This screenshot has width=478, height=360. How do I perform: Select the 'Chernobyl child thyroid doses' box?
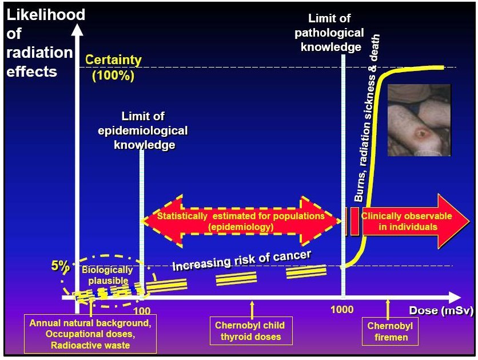pos(249,331)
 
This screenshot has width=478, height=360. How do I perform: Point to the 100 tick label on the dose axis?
pos(142,311)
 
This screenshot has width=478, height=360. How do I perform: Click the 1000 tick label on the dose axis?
pos(342,311)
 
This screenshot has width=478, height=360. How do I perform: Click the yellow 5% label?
pos(60,266)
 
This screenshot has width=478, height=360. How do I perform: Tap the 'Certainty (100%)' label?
pos(113,68)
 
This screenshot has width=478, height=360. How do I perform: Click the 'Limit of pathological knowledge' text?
pos(332,33)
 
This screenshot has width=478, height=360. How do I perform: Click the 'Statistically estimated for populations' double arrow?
pos(241,221)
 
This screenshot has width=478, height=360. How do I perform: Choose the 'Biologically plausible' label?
pos(107,275)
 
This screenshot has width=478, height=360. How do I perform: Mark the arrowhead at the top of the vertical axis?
pos(75,28)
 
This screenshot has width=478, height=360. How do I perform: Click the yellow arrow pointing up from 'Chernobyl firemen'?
pos(388,309)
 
